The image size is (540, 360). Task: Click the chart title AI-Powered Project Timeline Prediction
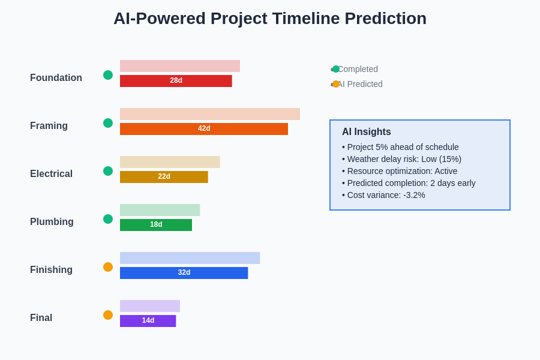(x=270, y=19)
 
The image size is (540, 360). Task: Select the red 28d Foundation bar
(x=176, y=81)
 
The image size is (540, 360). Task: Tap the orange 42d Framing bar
(x=204, y=129)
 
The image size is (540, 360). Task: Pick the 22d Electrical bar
(x=164, y=177)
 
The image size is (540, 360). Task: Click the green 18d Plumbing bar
(x=156, y=225)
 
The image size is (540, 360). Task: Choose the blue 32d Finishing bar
(x=184, y=273)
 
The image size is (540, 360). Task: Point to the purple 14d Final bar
(x=148, y=321)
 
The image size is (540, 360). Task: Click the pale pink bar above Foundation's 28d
(x=180, y=66)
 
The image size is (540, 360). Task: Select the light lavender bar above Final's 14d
(x=150, y=306)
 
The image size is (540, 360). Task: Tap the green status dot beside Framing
(x=108, y=123)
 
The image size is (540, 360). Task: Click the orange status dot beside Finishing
(x=108, y=267)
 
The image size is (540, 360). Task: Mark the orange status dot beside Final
(x=108, y=315)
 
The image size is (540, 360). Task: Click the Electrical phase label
(x=52, y=173)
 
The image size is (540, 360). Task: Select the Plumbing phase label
(x=52, y=221)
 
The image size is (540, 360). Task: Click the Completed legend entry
(x=355, y=69)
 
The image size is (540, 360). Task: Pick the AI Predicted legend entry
(x=357, y=84)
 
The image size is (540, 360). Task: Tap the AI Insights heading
(x=367, y=131)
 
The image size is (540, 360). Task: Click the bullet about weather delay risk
(x=401, y=159)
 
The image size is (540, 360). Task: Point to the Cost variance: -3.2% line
(x=383, y=195)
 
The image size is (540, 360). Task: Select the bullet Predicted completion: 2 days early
(x=409, y=183)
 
